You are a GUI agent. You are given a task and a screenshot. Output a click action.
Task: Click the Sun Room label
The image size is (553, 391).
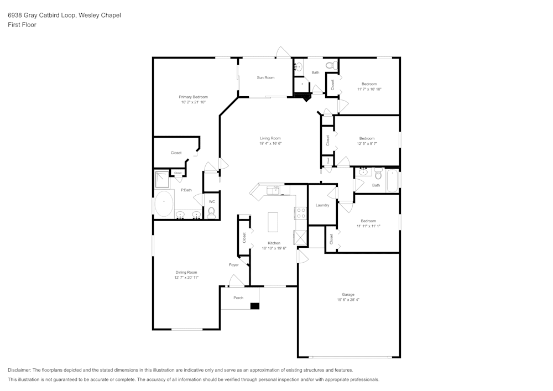tap(265, 77)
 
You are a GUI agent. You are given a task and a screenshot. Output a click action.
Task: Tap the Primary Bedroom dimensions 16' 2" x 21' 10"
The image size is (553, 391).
tap(193, 102)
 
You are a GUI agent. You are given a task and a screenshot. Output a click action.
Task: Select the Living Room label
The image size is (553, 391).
tap(270, 138)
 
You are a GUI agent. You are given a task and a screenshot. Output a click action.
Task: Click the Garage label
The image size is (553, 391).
tap(348, 294)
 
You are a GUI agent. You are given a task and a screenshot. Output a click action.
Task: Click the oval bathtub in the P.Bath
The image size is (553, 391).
tap(164, 205)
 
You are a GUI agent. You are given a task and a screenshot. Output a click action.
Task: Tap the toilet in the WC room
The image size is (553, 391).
tap(211, 212)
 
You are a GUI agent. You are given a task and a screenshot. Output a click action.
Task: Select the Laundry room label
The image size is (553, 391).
tap(322, 205)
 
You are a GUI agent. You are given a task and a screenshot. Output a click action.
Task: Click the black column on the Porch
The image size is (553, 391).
tap(254, 305)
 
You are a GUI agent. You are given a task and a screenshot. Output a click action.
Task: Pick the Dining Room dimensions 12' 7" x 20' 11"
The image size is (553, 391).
tap(186, 278)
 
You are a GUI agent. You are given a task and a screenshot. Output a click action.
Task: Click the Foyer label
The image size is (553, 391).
tap(234, 265)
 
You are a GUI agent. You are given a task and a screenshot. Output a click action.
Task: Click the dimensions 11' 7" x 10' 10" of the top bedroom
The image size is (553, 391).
tap(369, 89)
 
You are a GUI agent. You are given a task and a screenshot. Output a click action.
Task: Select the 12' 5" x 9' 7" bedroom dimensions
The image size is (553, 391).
tap(367, 144)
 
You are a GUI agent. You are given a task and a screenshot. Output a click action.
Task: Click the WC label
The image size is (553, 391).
tap(211, 201)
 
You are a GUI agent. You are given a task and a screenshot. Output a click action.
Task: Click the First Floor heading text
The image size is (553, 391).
tap(22, 25)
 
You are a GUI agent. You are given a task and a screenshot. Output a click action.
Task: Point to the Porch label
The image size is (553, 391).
tap(238, 298)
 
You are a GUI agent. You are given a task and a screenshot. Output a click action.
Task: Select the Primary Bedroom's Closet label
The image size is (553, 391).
tap(176, 153)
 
